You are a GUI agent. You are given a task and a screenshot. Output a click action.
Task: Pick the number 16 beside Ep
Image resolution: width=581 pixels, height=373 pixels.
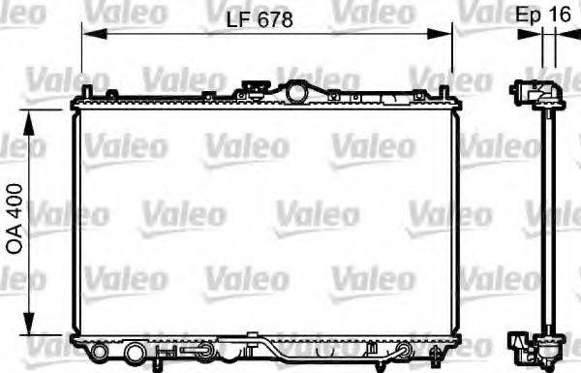coord(559,16)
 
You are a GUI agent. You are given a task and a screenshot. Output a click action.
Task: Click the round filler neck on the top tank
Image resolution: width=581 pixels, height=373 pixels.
coord(294,92)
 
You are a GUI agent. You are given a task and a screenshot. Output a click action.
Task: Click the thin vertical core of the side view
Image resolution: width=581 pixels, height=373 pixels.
coord(547,223)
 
